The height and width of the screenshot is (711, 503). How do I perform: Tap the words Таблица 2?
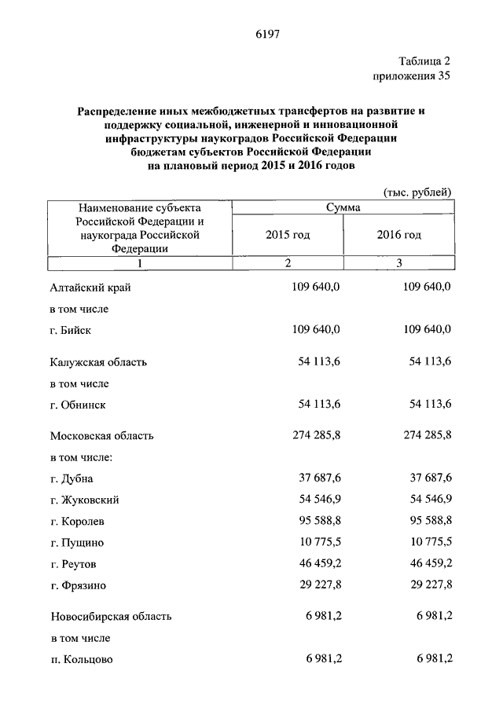coord(424,61)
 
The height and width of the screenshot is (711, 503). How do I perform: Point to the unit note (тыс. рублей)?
coord(417,192)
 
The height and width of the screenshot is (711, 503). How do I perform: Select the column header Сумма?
coord(343,208)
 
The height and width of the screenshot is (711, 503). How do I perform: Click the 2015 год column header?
coord(288,235)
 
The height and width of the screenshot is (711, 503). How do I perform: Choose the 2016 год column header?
coord(399,235)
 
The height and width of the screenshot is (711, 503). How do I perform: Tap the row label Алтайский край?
coord(90,288)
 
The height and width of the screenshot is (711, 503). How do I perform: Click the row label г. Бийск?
coord(71,330)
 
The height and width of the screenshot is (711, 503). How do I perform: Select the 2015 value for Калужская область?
coord(319,362)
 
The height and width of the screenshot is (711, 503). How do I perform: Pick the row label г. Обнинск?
coord(78,405)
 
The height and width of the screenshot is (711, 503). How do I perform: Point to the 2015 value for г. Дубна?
coord(319,478)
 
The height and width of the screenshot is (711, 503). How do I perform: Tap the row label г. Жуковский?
coord(85,499)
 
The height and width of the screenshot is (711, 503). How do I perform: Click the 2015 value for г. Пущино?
coord(319,541)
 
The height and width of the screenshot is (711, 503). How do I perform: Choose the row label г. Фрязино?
coord(79,585)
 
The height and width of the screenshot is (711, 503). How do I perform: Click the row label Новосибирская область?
coord(111,616)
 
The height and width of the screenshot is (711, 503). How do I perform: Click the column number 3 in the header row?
coord(399,263)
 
